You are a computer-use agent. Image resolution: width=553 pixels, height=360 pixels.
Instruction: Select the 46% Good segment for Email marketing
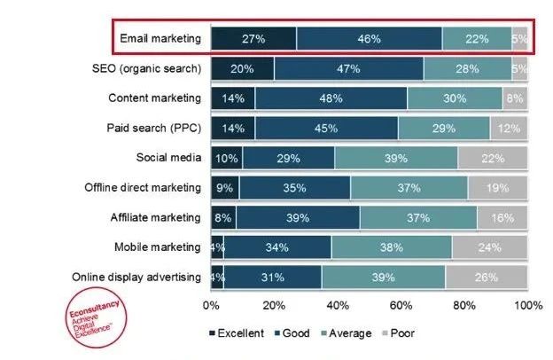(369, 39)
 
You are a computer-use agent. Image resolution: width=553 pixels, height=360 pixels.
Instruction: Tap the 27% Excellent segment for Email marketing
(253, 39)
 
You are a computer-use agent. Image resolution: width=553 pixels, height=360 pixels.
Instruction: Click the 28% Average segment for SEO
(466, 68)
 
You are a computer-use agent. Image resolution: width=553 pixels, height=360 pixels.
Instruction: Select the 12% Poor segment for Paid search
(509, 129)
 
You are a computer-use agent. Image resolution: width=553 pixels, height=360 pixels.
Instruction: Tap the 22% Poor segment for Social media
(493, 159)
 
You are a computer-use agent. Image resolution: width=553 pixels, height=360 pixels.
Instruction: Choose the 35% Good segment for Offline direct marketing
(294, 188)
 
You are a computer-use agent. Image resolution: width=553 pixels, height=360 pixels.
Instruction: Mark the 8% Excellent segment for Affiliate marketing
(223, 218)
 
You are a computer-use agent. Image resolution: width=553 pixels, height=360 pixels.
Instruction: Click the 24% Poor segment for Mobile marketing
(490, 248)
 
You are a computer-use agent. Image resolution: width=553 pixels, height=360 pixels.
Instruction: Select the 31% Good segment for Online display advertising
(272, 278)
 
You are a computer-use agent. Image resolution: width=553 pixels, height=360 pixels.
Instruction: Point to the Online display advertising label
(137, 278)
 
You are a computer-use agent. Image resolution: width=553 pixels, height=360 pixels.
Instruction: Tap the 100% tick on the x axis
(528, 305)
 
